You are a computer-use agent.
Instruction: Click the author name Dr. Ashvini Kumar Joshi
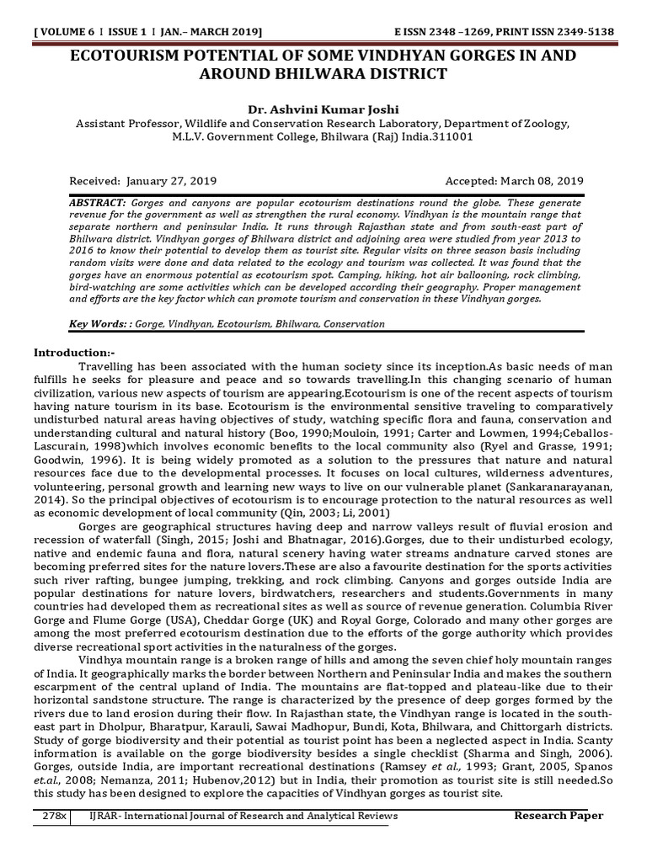(323, 109)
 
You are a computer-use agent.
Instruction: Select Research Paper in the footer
(559, 817)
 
